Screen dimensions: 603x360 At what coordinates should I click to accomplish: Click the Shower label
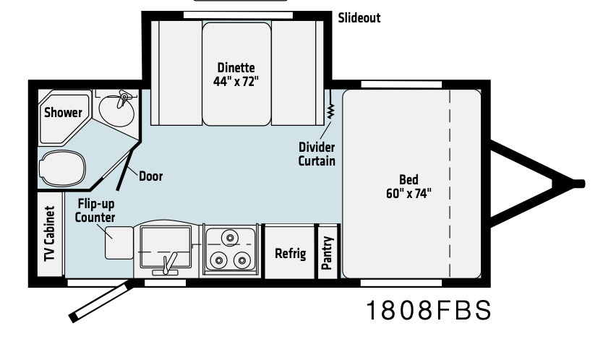[x=63, y=113]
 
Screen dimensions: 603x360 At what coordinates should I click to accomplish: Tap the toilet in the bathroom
[x=62, y=168]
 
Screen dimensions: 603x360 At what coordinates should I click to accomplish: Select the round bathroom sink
[x=116, y=109]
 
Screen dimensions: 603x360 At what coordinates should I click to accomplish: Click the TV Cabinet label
[x=50, y=233]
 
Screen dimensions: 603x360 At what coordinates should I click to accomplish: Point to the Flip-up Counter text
[x=95, y=210]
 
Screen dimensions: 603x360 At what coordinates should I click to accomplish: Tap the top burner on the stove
[x=230, y=238]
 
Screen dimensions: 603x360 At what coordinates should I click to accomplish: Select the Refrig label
[x=291, y=254]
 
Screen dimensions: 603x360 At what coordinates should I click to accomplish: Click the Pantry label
[x=327, y=253]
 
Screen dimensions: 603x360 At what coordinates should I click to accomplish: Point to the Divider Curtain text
[x=317, y=154]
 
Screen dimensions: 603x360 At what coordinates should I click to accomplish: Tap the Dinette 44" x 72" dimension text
[x=236, y=74]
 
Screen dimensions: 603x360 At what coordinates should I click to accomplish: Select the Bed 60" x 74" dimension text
[x=409, y=187]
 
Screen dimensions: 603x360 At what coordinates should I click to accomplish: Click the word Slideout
[x=359, y=17]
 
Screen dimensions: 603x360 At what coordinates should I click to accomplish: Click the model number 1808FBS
[x=429, y=310]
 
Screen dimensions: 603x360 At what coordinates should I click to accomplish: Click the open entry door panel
[x=100, y=301]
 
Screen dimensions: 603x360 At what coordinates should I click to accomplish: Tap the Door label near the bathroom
[x=150, y=176]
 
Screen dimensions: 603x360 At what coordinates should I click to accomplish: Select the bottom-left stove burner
[x=218, y=260]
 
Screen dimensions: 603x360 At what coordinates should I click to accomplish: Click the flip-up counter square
[x=119, y=243]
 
